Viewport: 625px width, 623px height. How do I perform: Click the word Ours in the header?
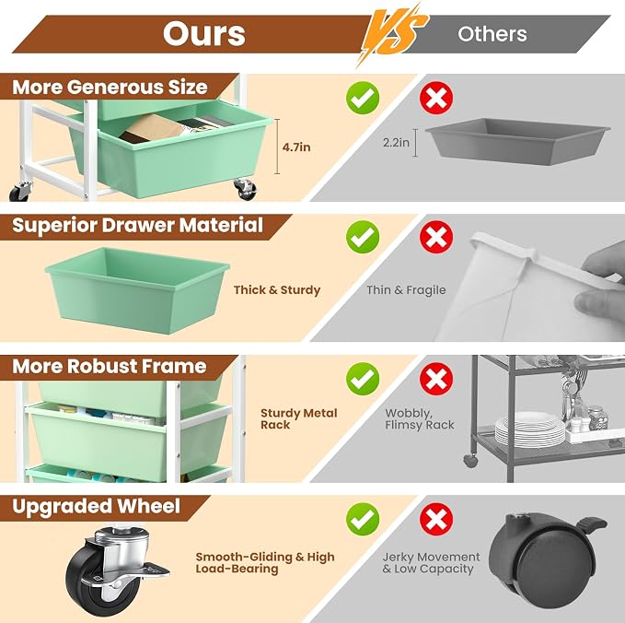point(204,34)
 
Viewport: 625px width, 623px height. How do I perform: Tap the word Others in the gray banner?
point(492,34)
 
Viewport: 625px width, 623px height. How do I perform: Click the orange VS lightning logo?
point(393,34)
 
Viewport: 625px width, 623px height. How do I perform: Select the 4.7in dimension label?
point(296,147)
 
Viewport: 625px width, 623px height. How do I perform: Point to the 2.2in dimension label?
point(396,143)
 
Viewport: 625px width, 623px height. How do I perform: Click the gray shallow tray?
point(517,140)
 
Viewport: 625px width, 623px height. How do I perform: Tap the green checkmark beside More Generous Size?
point(363,99)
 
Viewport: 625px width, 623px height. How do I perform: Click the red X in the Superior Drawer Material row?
point(436,237)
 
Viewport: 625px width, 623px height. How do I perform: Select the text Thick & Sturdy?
point(277,290)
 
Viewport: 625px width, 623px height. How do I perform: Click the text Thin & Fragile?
point(406,289)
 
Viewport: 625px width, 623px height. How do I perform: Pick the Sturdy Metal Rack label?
point(299,418)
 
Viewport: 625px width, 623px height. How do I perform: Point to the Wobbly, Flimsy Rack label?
point(420,418)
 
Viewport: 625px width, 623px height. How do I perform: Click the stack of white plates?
point(530,430)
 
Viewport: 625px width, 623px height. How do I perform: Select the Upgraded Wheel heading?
point(96,507)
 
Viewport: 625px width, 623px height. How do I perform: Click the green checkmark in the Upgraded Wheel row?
point(363,520)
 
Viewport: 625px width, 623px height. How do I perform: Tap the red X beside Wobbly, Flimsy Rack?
point(436,379)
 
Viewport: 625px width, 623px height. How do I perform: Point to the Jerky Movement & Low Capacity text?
point(432,563)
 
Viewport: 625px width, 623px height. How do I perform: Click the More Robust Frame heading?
point(110,366)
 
